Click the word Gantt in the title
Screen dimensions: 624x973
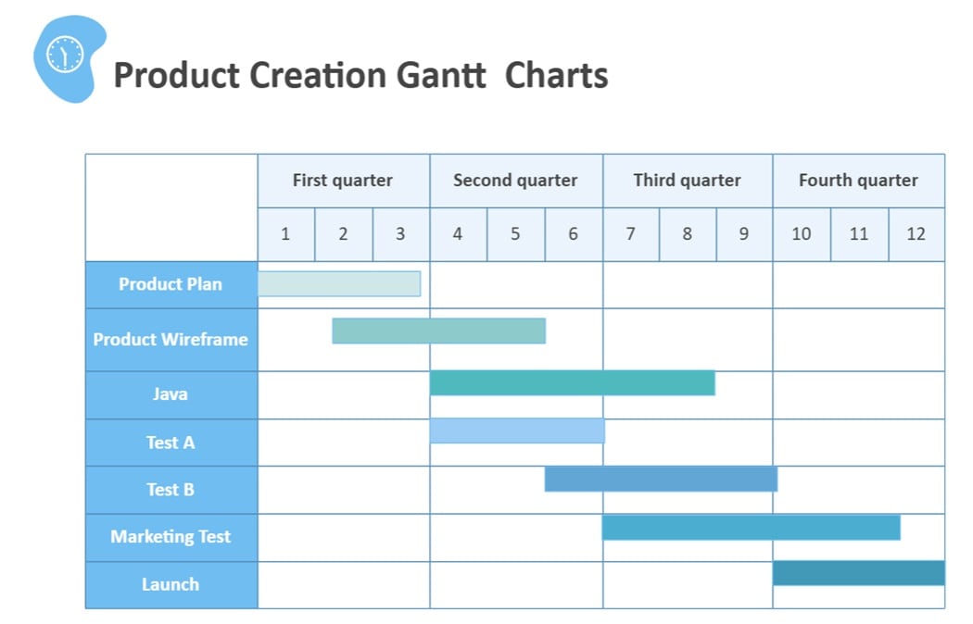tap(440, 75)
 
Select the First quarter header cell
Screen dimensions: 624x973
tap(343, 181)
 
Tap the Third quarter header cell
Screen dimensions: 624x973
tap(687, 181)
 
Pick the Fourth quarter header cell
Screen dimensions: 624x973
tap(858, 181)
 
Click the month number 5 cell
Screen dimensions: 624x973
tap(515, 234)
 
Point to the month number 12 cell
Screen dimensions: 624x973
tap(916, 234)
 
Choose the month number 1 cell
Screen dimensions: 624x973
tap(285, 234)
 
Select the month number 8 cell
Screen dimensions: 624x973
tap(687, 234)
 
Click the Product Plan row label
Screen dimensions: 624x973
tap(171, 284)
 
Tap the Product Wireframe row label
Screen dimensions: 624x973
tap(171, 339)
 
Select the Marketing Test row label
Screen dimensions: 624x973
tap(171, 537)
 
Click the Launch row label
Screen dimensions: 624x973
tap(171, 584)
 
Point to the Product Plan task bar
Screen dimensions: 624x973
tap(339, 283)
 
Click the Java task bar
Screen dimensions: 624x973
tap(572, 382)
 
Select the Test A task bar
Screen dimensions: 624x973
tap(517, 431)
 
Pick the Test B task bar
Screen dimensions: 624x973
tap(661, 479)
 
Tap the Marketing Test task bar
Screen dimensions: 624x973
tap(751, 527)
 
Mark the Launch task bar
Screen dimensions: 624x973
tap(858, 573)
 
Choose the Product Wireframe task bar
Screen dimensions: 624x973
tap(438, 331)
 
